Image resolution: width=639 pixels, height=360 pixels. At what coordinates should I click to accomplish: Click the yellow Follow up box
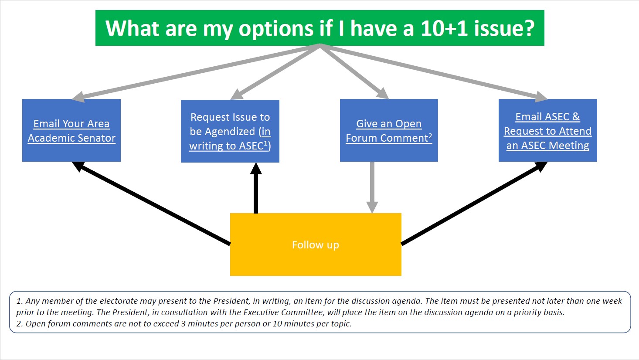tap(316, 245)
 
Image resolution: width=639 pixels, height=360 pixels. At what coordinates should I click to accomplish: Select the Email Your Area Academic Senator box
tap(71, 130)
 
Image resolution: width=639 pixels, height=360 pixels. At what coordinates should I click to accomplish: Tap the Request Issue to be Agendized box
tap(230, 131)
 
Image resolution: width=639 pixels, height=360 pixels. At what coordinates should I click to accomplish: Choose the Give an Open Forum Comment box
tap(389, 130)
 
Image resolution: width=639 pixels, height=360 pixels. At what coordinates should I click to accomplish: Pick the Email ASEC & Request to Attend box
tap(548, 130)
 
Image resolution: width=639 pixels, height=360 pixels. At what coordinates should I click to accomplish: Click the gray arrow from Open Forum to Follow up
tap(372, 188)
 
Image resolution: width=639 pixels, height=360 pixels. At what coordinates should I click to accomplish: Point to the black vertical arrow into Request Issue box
tap(256, 188)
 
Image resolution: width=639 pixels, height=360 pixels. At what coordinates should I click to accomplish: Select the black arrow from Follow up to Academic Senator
tap(151, 203)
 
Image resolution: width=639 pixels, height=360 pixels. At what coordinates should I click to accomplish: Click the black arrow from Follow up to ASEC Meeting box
tap(474, 203)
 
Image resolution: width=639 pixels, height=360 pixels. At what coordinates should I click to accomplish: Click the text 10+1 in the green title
tap(444, 28)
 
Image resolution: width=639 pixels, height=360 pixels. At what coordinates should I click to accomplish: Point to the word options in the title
tap(276, 29)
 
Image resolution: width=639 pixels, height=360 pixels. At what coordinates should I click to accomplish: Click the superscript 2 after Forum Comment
tap(430, 135)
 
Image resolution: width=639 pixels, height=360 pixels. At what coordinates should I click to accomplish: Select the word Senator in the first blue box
tap(96, 138)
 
